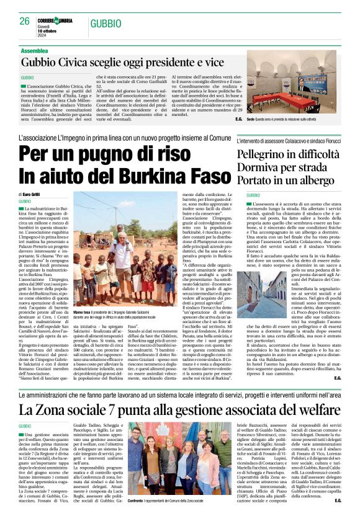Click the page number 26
click(x=25, y=21)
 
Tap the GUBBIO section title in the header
click(x=105, y=24)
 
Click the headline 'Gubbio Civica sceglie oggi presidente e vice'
click(x=122, y=62)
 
